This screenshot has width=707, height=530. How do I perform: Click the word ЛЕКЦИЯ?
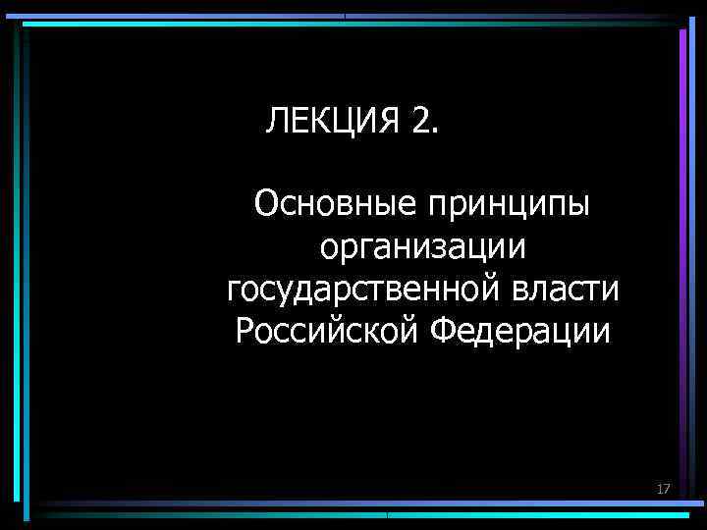coord(331,122)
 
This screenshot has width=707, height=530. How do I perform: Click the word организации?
coord(422,248)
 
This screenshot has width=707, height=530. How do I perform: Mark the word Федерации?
coord(520,332)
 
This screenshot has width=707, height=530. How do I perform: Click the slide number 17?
coord(664,488)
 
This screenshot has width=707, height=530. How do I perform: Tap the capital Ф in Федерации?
coord(443,332)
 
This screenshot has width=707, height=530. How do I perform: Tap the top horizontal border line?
coord(353,17)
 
